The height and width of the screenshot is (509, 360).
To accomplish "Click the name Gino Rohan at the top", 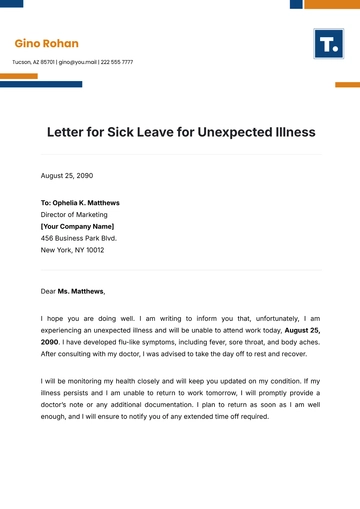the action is (x=46, y=44).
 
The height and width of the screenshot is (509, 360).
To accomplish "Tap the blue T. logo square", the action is (x=328, y=44).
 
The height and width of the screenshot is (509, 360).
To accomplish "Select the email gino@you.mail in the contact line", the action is (x=79, y=62).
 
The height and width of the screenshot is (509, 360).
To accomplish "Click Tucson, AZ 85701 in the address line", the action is (x=33, y=62).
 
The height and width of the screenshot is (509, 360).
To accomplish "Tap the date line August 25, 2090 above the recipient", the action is (x=66, y=175).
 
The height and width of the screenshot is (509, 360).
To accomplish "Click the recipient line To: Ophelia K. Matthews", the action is (x=80, y=203).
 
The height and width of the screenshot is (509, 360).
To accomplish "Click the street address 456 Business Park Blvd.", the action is (x=78, y=238).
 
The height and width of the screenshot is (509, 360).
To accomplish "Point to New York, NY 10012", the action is (x=72, y=250).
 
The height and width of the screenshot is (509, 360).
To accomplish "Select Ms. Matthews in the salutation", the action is (x=80, y=291).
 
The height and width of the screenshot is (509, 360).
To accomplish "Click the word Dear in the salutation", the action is (x=48, y=291).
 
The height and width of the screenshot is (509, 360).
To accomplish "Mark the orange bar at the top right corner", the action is (x=331, y=4).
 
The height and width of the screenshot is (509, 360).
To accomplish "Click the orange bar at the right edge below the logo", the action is (x=347, y=85).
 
